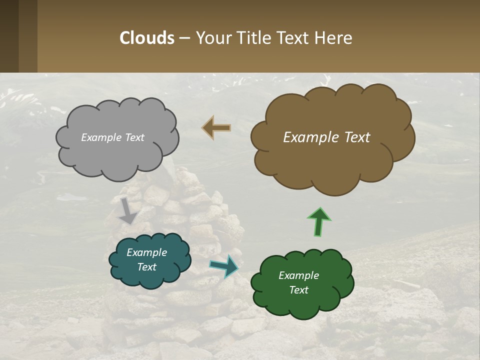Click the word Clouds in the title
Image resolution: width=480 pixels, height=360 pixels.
(x=147, y=38)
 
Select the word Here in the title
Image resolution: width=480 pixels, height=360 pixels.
(x=335, y=38)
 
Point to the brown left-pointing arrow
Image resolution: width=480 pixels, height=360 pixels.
(x=216, y=128)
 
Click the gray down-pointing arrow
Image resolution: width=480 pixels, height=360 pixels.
(x=128, y=210)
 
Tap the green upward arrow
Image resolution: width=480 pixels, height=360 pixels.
(x=319, y=221)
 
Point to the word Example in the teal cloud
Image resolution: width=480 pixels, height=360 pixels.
(x=146, y=252)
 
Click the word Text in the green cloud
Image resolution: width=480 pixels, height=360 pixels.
(x=298, y=290)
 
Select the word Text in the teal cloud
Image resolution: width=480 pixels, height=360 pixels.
(x=146, y=267)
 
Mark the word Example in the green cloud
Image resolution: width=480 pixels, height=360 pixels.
(x=298, y=275)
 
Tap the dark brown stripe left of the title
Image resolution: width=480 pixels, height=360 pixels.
(x=9, y=36)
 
